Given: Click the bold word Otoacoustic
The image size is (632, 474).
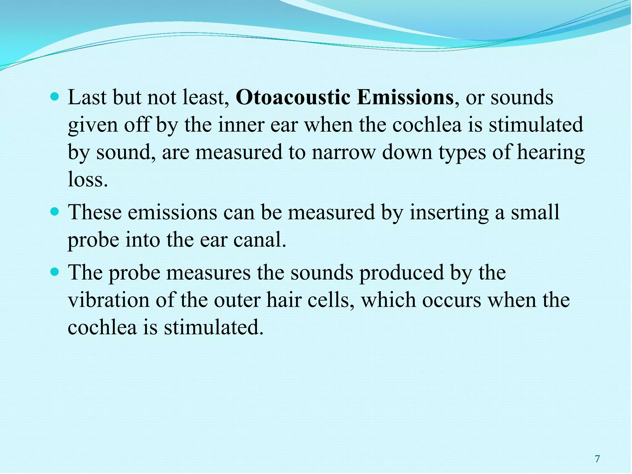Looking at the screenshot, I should tap(293, 98).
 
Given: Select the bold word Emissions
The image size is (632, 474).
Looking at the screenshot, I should tap(405, 98).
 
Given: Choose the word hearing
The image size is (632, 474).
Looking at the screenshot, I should tap(551, 153).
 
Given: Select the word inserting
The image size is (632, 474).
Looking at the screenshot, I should tap(449, 213).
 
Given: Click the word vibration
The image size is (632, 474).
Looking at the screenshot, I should tap(108, 300).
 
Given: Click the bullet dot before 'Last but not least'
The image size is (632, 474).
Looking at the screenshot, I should tap(54, 98).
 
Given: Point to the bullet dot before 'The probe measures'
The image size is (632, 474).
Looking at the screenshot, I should tap(54, 272).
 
